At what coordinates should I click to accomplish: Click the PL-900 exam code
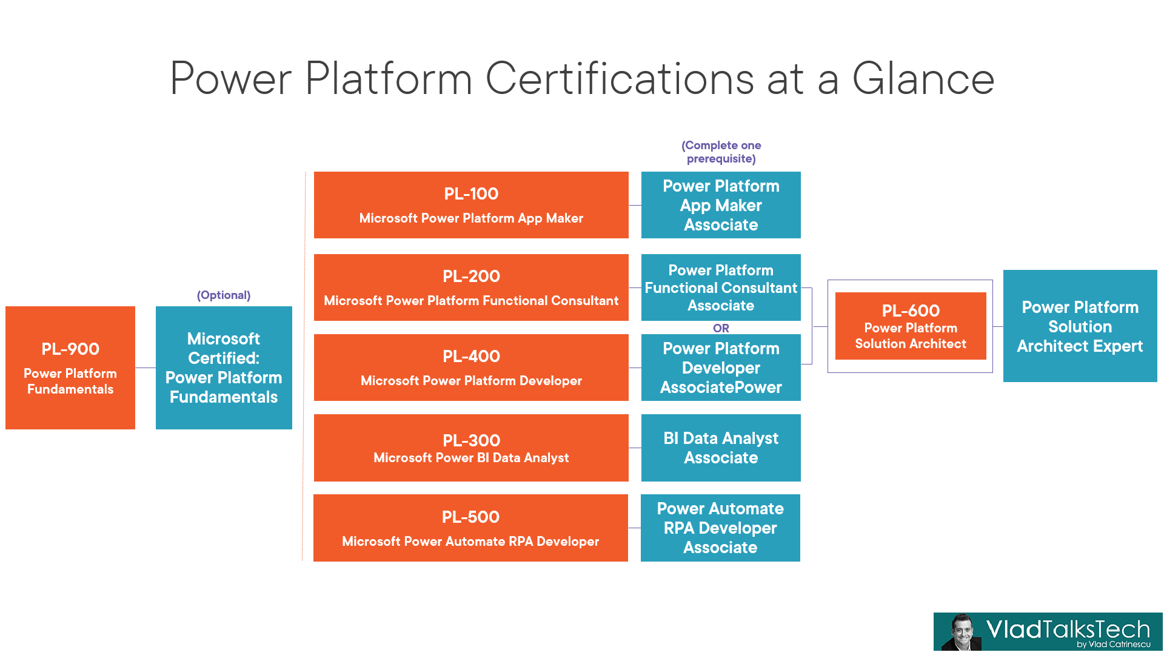click(x=70, y=349)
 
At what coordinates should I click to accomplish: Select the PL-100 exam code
click(x=471, y=194)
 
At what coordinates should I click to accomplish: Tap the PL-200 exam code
click(x=471, y=277)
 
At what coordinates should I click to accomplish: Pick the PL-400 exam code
click(x=471, y=357)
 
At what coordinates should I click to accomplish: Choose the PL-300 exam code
click(x=471, y=440)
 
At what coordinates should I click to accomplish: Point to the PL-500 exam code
click(x=470, y=517)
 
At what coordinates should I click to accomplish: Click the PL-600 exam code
click(x=911, y=311)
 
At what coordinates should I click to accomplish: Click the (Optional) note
click(x=224, y=295)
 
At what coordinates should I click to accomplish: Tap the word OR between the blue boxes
click(x=721, y=328)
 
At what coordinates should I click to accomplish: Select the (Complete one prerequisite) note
click(x=721, y=152)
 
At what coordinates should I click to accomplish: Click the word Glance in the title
click(x=923, y=79)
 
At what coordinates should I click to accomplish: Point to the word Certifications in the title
click(x=620, y=79)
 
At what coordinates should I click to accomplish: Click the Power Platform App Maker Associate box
click(x=721, y=205)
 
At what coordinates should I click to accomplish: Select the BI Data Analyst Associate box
click(x=721, y=448)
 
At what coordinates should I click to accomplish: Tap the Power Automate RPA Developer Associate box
click(x=720, y=528)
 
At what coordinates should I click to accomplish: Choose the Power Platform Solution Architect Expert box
click(x=1080, y=326)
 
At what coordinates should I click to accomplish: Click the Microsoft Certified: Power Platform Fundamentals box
click(x=224, y=368)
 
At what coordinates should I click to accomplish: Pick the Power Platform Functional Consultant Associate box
click(x=721, y=287)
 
